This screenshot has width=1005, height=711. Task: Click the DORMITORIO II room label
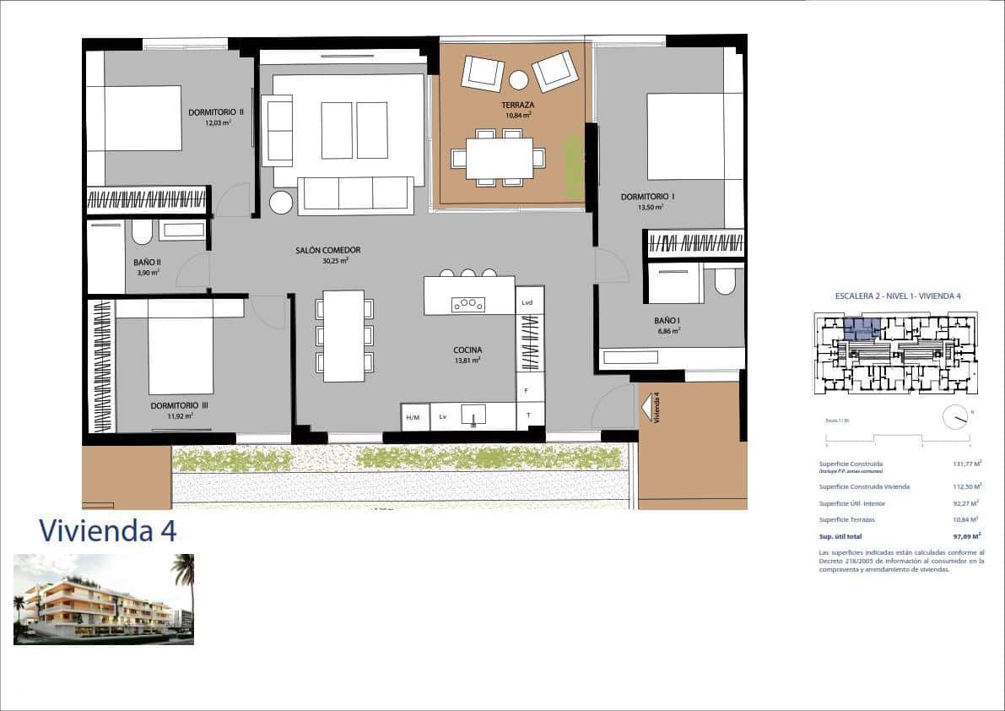tap(216, 111)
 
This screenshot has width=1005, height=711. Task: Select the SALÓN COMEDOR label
tap(328, 250)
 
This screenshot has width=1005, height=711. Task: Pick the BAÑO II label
tap(147, 262)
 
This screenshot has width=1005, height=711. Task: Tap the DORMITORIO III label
tap(179, 405)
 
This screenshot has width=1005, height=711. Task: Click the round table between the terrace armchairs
tap(518, 80)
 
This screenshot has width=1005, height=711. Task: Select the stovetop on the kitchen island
tap(468, 304)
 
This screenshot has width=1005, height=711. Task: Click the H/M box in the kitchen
tap(413, 418)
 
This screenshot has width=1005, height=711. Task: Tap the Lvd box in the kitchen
tap(527, 302)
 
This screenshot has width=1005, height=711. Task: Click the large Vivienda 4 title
tap(108, 530)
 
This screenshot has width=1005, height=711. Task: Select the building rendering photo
tap(104, 600)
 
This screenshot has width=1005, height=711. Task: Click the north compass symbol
tap(955, 415)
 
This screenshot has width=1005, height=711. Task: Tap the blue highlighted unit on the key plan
tap(862, 328)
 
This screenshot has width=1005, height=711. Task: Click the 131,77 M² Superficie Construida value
tap(966, 464)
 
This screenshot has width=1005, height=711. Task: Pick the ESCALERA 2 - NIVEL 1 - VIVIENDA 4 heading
tap(898, 296)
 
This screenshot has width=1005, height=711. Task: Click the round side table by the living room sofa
tap(281, 203)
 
